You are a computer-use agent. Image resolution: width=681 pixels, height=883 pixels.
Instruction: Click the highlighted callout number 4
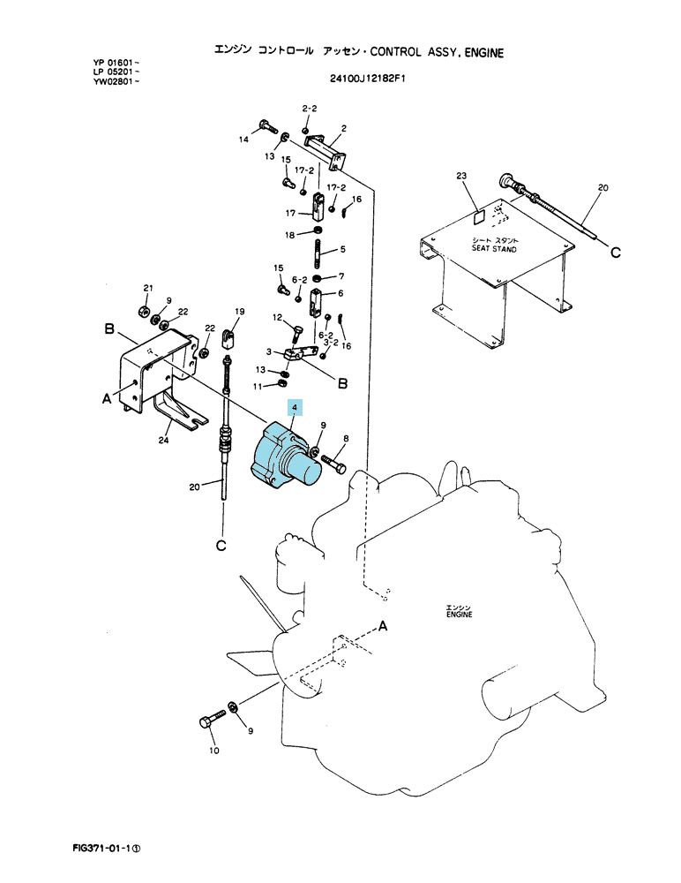tap(295, 407)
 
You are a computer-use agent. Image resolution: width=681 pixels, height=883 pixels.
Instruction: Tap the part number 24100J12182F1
tap(368, 79)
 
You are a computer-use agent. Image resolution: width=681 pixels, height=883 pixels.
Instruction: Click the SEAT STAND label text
tap(494, 249)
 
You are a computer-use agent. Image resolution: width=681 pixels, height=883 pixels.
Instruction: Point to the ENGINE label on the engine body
tap(460, 615)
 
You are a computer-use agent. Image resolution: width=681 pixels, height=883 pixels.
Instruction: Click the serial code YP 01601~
tap(116, 62)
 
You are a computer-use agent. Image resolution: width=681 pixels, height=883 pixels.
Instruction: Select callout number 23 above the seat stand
tap(461, 177)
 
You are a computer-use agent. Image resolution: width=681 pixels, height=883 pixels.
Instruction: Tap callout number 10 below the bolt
tap(213, 750)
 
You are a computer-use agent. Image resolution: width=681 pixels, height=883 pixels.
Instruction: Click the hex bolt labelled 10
tap(211, 718)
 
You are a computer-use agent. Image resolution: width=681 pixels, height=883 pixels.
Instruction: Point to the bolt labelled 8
tap(334, 465)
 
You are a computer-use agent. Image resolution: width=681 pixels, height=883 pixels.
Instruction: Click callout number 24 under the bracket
tap(163, 440)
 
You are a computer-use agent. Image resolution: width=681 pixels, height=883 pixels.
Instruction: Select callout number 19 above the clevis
tap(240, 312)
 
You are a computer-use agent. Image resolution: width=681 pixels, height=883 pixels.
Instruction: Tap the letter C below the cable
tap(221, 546)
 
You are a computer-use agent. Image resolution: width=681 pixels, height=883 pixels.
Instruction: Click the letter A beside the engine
tap(383, 626)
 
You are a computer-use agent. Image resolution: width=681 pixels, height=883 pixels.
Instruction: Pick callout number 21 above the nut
tap(148, 288)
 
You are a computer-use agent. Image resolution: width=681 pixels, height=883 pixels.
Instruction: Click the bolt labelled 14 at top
tap(268, 127)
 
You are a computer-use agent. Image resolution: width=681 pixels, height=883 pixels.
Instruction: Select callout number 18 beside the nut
tap(289, 235)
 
